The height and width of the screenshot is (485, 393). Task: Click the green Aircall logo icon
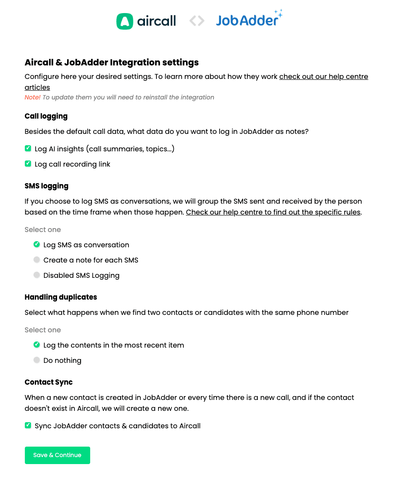click(124, 21)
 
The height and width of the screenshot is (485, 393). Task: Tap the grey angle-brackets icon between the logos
click(196, 21)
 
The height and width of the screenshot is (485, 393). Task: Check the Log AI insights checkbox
click(28, 149)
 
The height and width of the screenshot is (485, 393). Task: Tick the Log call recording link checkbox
click(28, 164)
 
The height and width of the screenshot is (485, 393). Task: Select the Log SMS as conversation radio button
click(37, 245)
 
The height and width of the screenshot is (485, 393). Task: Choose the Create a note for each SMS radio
click(37, 260)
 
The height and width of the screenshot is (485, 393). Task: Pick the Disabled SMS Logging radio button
click(37, 275)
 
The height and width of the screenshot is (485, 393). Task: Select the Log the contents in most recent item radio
click(37, 345)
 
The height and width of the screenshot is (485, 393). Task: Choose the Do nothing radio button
click(37, 360)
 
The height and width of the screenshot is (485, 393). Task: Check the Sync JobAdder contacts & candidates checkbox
click(28, 426)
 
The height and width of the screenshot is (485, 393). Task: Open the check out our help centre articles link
click(323, 77)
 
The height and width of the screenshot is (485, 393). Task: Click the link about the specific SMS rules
click(273, 212)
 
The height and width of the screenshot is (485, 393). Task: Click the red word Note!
click(32, 97)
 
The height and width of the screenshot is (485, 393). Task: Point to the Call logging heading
click(46, 116)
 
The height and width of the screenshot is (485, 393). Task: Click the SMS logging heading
click(46, 186)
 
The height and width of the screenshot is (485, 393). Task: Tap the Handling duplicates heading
click(61, 297)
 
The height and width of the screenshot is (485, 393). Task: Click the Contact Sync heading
click(48, 382)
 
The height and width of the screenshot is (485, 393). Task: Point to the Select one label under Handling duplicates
click(43, 330)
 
